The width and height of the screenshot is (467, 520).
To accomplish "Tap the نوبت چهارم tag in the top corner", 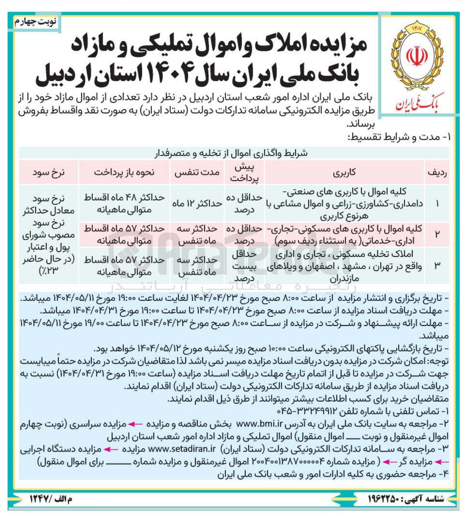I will click(35, 22).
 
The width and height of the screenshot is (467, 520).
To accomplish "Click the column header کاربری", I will click(344, 172).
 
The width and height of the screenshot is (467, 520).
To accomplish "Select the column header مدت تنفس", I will click(197, 172).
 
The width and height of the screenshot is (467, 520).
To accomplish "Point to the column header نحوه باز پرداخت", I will click(124, 172).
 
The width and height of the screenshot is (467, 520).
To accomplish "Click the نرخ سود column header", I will click(48, 172).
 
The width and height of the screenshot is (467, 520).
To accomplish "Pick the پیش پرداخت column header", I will click(244, 172).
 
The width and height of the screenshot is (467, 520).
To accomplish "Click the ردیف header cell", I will click(437, 172).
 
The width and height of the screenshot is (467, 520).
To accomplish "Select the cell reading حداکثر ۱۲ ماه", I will click(197, 204).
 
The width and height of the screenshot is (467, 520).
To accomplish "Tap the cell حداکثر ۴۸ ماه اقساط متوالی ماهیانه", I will click(124, 204).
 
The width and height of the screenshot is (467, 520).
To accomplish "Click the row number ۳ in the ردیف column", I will click(437, 265).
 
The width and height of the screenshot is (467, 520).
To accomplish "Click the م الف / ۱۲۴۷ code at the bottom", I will click(51, 499).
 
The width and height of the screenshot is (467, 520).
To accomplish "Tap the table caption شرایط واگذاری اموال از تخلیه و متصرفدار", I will click(232, 153).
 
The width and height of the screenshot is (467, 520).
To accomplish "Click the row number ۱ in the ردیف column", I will click(437, 204).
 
